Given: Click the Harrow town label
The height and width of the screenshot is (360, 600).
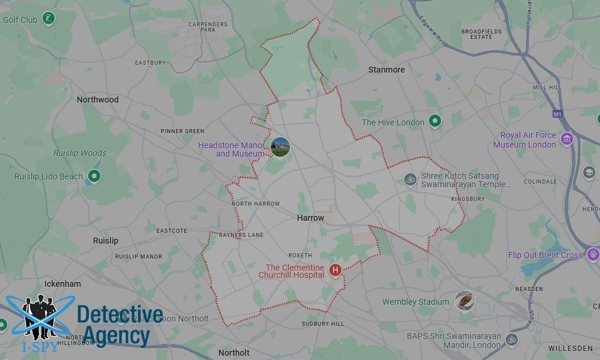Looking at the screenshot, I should (310, 218).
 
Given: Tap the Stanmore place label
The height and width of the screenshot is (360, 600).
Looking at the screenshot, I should (386, 70).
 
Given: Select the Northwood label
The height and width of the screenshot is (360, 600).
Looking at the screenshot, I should (98, 100).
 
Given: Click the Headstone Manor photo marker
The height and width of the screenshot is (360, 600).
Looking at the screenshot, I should (280, 147).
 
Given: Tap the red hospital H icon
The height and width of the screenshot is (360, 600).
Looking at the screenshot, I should (335, 271).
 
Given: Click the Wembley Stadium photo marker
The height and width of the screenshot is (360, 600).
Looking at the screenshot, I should (464, 301).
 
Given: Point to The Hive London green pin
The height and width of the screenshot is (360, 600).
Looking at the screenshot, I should (436, 122).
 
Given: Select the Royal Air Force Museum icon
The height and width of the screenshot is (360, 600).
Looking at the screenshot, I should (566, 140).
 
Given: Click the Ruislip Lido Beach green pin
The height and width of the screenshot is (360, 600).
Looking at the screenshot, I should (94, 176).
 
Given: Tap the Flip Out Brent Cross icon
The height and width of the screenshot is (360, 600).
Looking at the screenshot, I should (593, 254).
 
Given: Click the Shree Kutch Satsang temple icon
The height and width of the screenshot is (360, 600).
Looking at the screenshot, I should (410, 179).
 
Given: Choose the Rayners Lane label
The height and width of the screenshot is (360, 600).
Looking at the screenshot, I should (241, 235).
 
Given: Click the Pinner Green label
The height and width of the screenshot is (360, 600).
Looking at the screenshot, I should (182, 131).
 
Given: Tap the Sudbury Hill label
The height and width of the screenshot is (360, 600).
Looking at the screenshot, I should (323, 324).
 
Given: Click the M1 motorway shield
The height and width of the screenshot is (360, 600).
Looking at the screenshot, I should (557, 113).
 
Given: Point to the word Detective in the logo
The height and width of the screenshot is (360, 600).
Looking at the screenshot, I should (120, 314).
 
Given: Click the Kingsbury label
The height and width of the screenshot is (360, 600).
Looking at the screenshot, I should (467, 198).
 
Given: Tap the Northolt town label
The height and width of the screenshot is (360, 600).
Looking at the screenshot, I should (234, 353).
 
